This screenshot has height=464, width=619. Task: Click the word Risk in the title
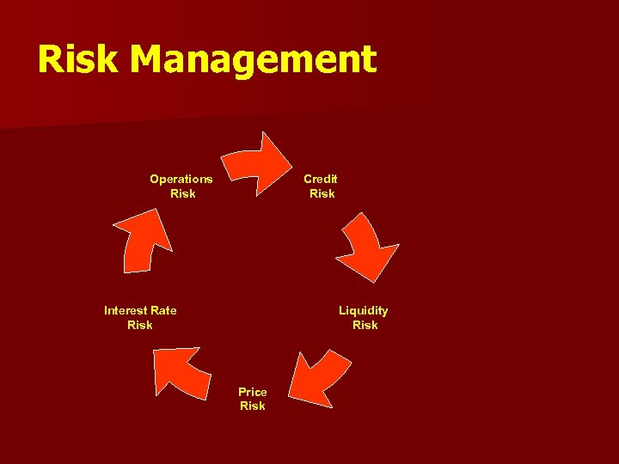tap(77, 60)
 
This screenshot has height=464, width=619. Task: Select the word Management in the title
tap(254, 60)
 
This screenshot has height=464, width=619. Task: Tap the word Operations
tap(181, 179)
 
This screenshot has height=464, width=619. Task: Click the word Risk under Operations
tap(183, 193)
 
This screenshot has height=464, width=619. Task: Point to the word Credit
tap(321, 179)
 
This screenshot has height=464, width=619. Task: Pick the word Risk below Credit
tap(322, 193)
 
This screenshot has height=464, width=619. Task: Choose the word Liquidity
tap(363, 310)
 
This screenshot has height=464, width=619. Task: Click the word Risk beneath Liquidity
tap(365, 325)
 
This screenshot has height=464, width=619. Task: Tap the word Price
tap(253, 392)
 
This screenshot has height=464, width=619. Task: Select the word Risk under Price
tap(253, 406)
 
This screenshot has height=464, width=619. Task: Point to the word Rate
tap(163, 310)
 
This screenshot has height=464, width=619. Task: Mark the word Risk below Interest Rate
tap(139, 325)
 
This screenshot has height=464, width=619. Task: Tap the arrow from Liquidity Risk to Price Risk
tap(316, 375)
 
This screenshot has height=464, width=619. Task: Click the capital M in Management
tap(151, 60)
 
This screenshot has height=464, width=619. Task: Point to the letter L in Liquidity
tap(342, 310)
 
